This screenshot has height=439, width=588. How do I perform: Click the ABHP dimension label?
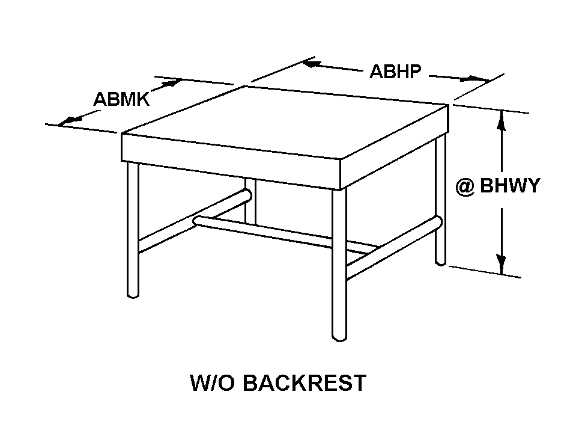click(395, 72)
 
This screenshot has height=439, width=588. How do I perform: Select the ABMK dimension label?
click(121, 99)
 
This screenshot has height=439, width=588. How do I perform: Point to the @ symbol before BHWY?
click(464, 187)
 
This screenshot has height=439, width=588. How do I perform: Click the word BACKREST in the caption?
click(305, 382)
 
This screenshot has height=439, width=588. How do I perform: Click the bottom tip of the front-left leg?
click(133, 295)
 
